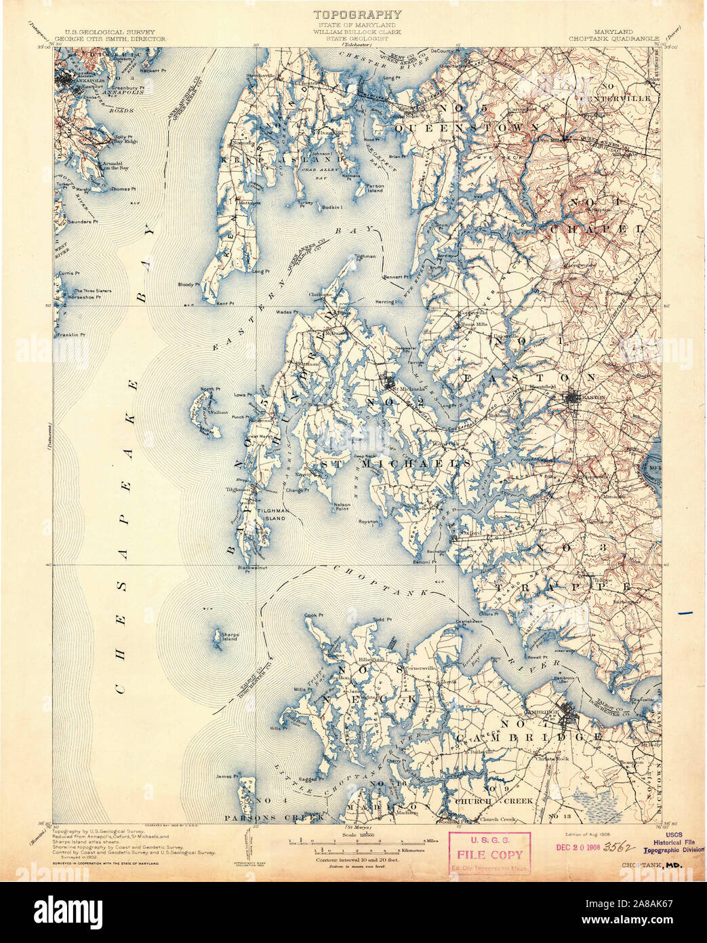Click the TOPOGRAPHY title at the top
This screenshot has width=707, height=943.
click(x=357, y=14)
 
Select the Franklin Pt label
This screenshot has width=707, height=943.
click(x=72, y=334)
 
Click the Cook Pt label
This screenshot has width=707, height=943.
click(x=312, y=615)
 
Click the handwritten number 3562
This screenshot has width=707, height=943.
click(x=618, y=847)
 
